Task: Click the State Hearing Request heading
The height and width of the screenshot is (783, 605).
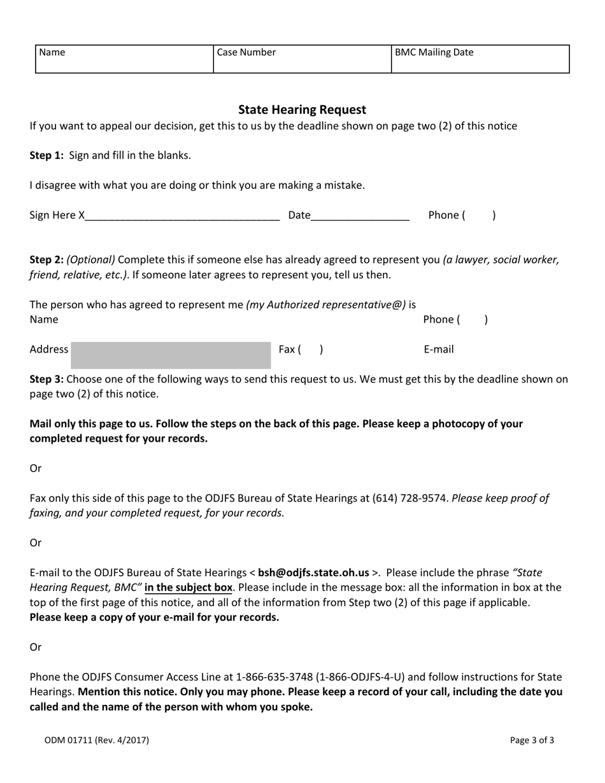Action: pyautogui.click(x=302, y=109)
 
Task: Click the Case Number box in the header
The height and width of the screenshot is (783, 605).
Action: pyautogui.click(x=302, y=59)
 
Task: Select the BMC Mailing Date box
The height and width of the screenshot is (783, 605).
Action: pyautogui.click(x=480, y=59)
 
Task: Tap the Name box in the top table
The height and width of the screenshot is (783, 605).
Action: pyautogui.click(x=124, y=59)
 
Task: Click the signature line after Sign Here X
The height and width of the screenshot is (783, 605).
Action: pyautogui.click(x=182, y=215)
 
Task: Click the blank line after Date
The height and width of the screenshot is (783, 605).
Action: pyautogui.click(x=360, y=215)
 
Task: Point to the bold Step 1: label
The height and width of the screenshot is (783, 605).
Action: pyautogui.click(x=46, y=155)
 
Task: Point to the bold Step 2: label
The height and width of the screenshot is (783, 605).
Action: pyautogui.click(x=46, y=260)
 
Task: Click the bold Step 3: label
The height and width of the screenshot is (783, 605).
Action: pyautogui.click(x=46, y=379)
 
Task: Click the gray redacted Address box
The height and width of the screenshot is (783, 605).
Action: pyautogui.click(x=171, y=355)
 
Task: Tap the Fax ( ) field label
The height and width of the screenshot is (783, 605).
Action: pyautogui.click(x=301, y=349)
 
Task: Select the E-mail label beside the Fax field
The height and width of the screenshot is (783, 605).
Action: pyautogui.click(x=439, y=349)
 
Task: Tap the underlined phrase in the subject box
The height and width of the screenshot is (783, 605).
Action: pyautogui.click(x=189, y=588)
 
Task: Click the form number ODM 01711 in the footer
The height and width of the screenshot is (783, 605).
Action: pyautogui.click(x=97, y=740)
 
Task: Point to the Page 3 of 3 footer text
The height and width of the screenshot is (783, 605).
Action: pyautogui.click(x=532, y=740)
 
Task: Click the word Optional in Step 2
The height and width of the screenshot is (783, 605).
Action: pyautogui.click(x=91, y=260)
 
